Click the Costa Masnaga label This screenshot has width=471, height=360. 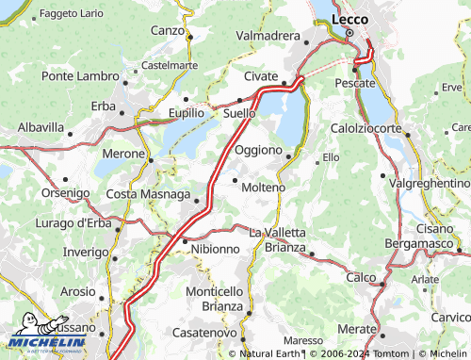(x=147, y=194)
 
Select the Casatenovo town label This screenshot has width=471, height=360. (x=204, y=334)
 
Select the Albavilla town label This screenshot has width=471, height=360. (x=41, y=126)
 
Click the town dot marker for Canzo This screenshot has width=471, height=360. (x=189, y=38)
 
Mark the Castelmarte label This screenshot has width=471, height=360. (x=169, y=66)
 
